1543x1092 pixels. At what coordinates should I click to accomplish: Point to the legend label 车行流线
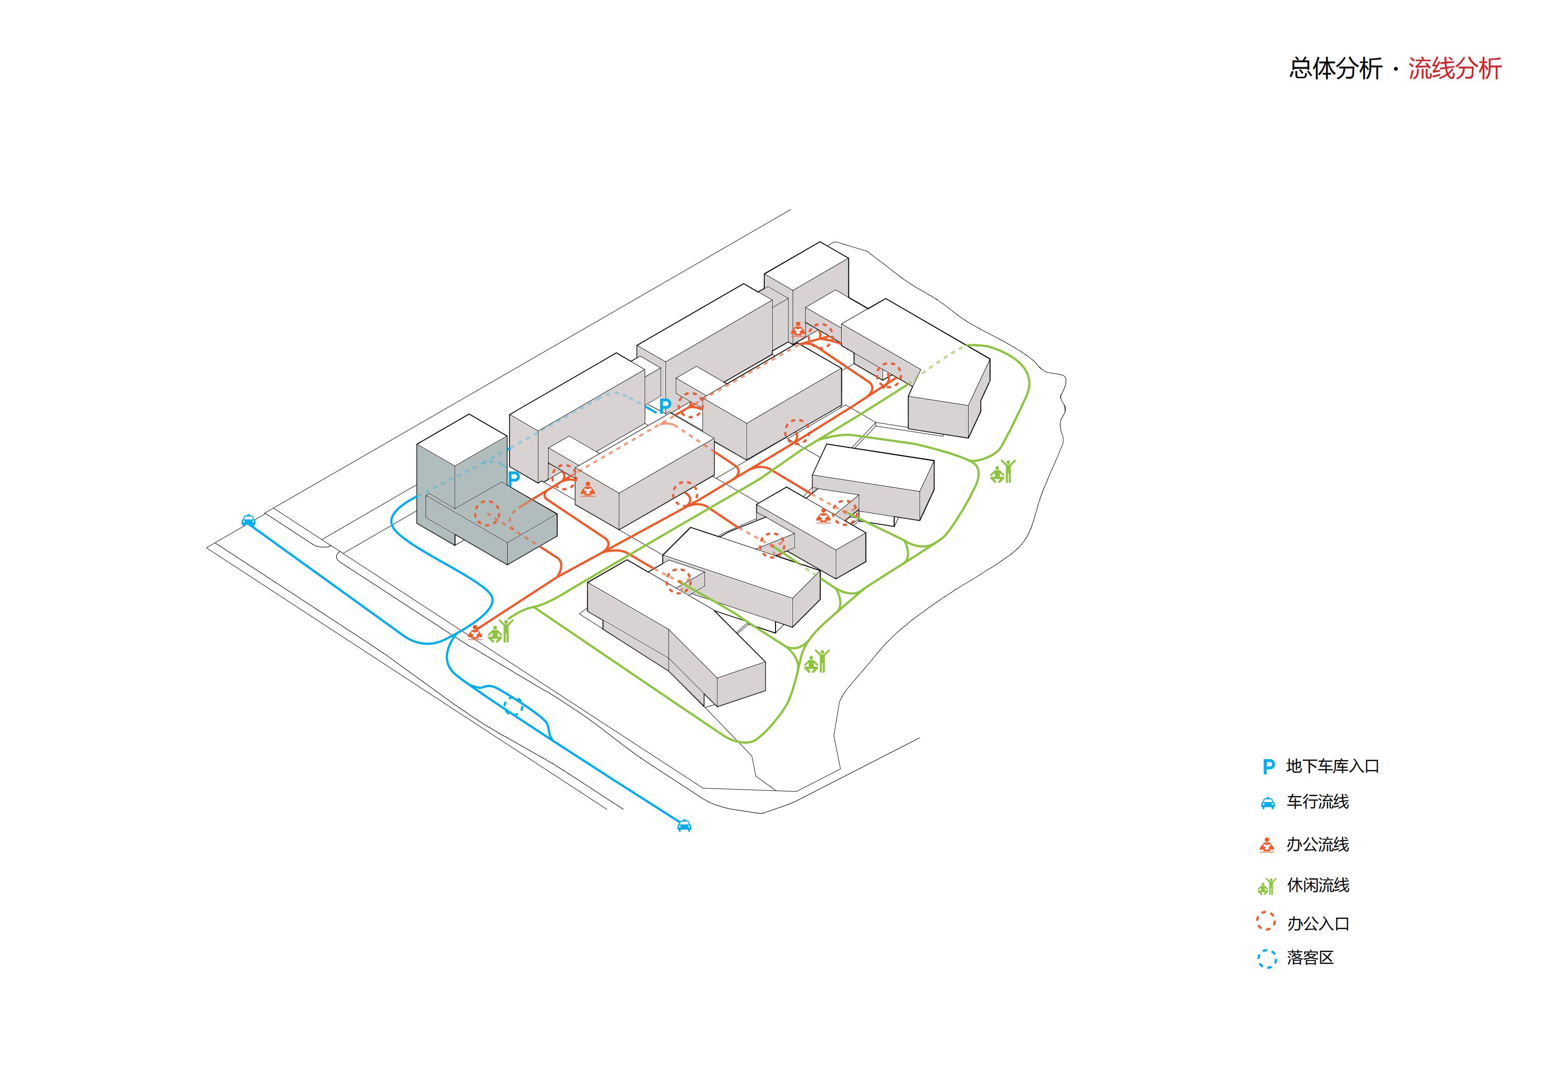pyautogui.click(x=1317, y=802)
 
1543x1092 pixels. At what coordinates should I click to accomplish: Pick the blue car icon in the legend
pyautogui.click(x=1267, y=803)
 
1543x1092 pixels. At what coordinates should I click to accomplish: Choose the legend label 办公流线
pyautogui.click(x=1317, y=845)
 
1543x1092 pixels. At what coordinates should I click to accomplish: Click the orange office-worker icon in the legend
pyautogui.click(x=1267, y=845)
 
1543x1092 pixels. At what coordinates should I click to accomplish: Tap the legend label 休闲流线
pyautogui.click(x=1317, y=886)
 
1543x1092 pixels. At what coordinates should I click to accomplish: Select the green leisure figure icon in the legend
pyautogui.click(x=1267, y=886)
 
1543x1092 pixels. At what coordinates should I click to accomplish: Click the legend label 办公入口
pyautogui.click(x=1317, y=924)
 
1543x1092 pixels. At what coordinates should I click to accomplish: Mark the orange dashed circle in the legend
pyautogui.click(x=1266, y=921)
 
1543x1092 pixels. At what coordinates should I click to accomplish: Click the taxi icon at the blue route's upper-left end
pyautogui.click(x=248, y=520)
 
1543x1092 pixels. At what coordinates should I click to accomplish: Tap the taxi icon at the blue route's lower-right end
pyautogui.click(x=684, y=825)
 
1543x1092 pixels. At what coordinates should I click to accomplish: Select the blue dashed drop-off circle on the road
pyautogui.click(x=514, y=706)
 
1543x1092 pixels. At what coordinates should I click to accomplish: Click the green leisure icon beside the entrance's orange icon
pyautogui.click(x=500, y=632)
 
